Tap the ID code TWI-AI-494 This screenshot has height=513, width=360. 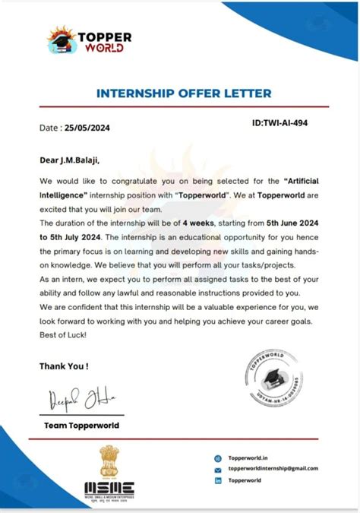tap(279, 122)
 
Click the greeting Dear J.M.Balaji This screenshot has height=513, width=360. tap(69, 160)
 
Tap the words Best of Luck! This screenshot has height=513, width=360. tap(63, 335)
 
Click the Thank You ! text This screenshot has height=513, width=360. tap(64, 366)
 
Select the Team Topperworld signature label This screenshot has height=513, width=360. tap(81, 425)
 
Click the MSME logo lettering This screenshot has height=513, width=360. tap(109, 488)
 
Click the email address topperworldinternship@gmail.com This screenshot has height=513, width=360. tap(273, 469)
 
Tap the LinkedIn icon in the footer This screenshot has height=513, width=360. tap(218, 480)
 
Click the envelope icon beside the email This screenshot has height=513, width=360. tap(218, 469)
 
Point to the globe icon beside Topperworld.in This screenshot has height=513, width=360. tap(218, 458)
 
